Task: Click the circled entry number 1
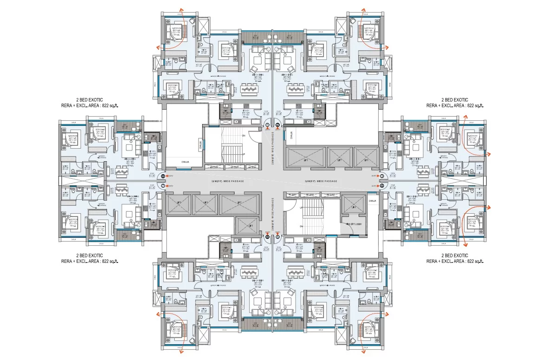[267, 125]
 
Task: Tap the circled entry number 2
[277, 125]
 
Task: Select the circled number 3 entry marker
[381, 176]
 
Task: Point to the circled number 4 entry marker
[381, 186]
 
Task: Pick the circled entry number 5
[277, 236]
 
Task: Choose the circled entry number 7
[163, 186]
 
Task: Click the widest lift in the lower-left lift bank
[239, 203]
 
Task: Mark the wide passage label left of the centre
[227, 181]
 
